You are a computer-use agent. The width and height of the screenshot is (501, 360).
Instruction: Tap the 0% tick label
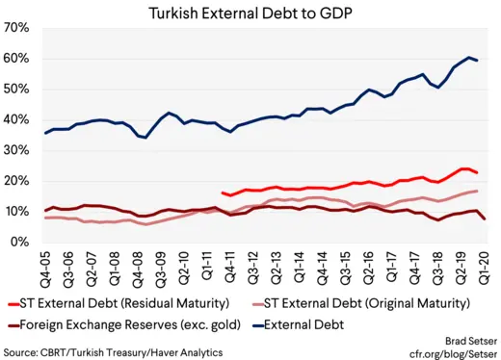[x=23, y=243]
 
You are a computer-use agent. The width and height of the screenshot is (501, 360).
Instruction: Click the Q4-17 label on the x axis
[x=417, y=266]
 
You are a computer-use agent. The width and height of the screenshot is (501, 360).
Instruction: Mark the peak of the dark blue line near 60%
[x=469, y=57]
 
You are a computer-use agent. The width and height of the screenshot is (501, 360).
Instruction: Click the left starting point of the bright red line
[x=223, y=193]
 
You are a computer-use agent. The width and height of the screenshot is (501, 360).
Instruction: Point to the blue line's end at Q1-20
[x=478, y=60]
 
